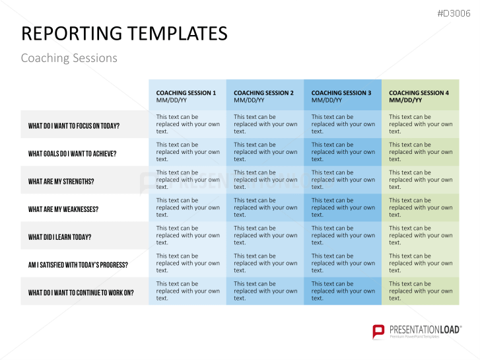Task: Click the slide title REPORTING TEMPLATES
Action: click(124, 34)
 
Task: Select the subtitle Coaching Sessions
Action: click(69, 58)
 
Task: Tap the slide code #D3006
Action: click(454, 13)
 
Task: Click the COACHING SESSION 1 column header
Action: click(186, 96)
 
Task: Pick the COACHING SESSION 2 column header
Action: click(263, 96)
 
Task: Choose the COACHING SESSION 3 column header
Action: click(341, 96)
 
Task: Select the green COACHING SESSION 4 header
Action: click(419, 96)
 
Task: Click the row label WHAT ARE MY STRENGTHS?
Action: click(61, 182)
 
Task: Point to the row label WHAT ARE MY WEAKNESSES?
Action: click(63, 209)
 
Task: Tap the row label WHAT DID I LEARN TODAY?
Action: click(59, 237)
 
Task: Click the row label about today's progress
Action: click(78, 265)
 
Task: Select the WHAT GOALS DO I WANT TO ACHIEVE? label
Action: click(72, 154)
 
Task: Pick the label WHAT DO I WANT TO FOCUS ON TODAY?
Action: click(74, 126)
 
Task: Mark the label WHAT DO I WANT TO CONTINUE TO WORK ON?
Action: click(81, 293)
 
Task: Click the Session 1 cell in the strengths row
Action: click(188, 180)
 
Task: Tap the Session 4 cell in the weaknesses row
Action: click(421, 207)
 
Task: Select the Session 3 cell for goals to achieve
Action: click(343, 152)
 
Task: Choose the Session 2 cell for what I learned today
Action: click(265, 235)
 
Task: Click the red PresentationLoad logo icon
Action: click(378, 332)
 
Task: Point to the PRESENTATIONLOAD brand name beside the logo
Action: click(425, 330)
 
